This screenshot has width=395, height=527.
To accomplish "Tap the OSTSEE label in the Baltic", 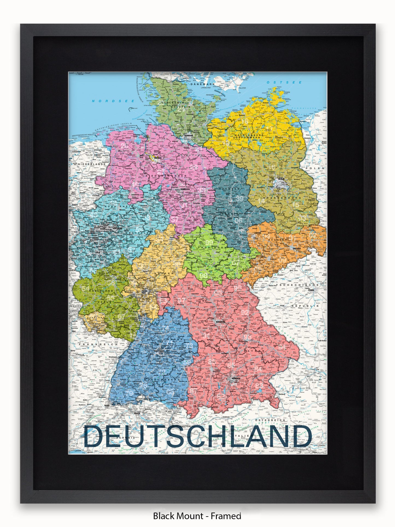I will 284,82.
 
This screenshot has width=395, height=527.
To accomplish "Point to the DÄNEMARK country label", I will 200,84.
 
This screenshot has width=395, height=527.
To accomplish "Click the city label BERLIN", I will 281,179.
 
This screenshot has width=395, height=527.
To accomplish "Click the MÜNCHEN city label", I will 236,378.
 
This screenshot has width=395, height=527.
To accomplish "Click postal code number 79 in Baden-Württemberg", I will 129,393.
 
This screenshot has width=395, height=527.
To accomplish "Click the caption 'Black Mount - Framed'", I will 197,516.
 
